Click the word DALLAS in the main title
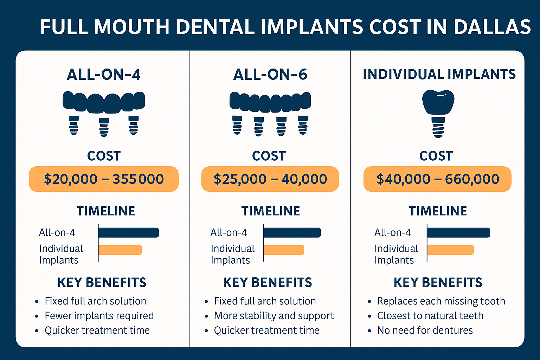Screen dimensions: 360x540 pos(492,27)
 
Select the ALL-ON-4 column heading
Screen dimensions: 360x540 pos(103,75)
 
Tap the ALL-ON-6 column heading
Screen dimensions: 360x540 pos(270,75)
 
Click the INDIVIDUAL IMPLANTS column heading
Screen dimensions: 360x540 pos(439,75)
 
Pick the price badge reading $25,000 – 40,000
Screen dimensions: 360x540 pos(270,179)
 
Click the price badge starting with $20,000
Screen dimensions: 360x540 pos(104,179)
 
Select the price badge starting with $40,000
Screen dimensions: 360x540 pos(437,179)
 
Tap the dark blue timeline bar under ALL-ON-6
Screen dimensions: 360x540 pos(292,233)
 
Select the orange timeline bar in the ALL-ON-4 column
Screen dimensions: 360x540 pos(120,250)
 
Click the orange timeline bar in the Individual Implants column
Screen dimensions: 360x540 pos(450,250)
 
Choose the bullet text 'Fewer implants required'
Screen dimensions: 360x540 pos(99,316)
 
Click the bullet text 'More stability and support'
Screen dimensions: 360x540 pos(274,316)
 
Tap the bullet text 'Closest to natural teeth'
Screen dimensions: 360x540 pos(430,316)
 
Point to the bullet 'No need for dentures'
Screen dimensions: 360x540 pos(425,330)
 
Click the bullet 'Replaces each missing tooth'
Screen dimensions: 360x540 pos(441,301)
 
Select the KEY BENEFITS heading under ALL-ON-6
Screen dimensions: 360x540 pos(268,283)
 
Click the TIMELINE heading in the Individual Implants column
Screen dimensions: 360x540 pos(438,211)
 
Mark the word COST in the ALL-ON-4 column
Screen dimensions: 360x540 pos(104,156)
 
